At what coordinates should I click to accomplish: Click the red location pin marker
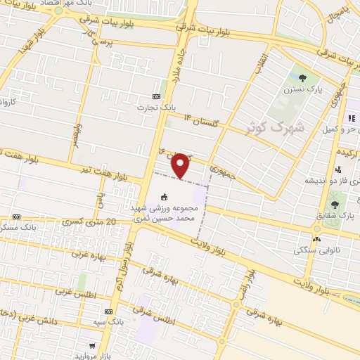point(181,165)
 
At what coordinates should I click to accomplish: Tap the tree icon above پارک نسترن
point(302,78)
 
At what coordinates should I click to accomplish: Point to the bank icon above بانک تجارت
point(156,96)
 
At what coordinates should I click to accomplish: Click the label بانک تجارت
point(157,108)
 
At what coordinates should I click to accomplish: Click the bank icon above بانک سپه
point(108,311)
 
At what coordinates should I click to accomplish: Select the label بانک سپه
point(110,321)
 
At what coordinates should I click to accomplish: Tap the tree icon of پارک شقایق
point(334,205)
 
